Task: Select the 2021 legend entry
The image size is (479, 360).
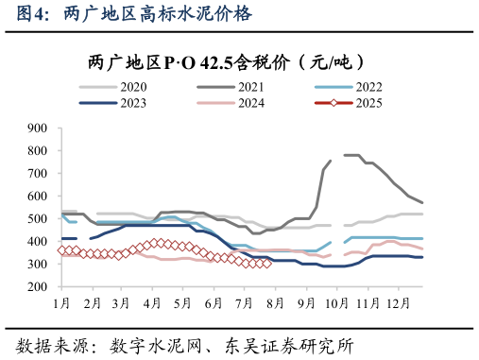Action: point(239,87)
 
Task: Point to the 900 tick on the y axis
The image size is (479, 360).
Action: point(38,128)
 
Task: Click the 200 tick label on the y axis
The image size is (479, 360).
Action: point(38,286)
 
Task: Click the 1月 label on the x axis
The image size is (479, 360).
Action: point(62,302)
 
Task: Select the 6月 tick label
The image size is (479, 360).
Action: point(213,302)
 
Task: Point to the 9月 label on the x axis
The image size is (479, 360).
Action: point(305,302)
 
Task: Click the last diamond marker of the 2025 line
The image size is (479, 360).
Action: point(268,264)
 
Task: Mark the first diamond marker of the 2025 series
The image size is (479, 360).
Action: point(61,250)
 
